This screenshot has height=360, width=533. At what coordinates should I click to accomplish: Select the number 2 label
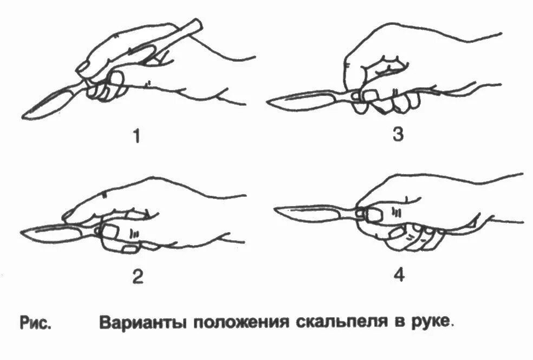point(137,277)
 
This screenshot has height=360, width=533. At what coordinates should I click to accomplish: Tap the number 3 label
point(398,134)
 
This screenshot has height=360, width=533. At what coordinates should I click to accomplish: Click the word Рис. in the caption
point(36,323)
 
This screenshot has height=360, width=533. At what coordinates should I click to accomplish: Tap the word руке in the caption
point(430,323)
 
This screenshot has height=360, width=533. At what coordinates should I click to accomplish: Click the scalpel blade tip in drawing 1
point(25,115)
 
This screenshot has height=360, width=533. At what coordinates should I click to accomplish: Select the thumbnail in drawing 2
point(110,231)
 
